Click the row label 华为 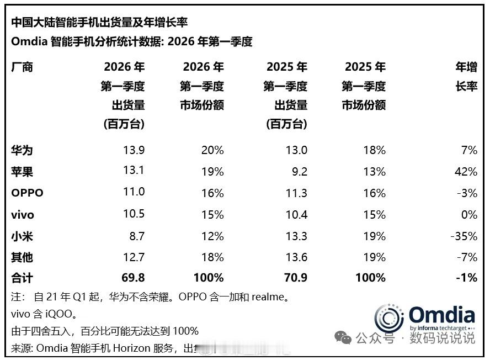point(22,150)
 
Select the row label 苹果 point(22,172)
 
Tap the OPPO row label point(27,193)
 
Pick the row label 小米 point(22,236)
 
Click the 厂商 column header point(22,67)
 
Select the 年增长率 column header point(466,77)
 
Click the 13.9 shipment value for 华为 point(134,150)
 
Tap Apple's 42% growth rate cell point(466,172)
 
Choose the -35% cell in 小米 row point(464,236)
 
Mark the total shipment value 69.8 point(133,278)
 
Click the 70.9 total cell point(295,278)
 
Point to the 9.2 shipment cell point(299,172)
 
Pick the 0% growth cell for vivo point(470,215)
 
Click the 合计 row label point(22,278)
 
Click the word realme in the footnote point(269,298)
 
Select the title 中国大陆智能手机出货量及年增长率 point(99,22)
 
